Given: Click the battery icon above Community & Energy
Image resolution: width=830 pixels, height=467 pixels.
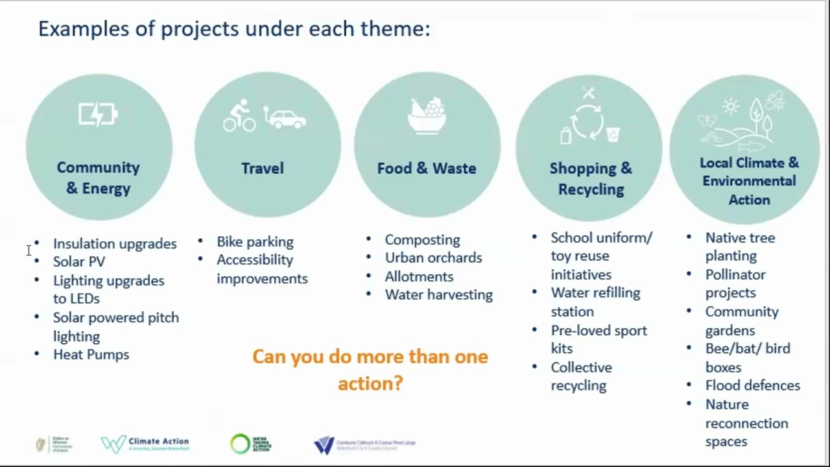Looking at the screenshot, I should [98, 115].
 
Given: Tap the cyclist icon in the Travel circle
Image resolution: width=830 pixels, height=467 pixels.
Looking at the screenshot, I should [239, 115].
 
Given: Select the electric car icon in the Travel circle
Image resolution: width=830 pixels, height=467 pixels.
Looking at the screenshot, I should [285, 118].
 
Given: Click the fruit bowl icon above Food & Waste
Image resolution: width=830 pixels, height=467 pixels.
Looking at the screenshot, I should [427, 115].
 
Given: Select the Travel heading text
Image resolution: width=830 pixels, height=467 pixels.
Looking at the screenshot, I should [263, 169].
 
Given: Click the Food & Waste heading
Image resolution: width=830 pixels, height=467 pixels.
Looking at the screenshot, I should [427, 169].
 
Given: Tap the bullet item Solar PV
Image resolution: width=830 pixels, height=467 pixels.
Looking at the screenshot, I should [79, 261].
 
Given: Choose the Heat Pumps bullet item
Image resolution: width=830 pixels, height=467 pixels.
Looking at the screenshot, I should [91, 355].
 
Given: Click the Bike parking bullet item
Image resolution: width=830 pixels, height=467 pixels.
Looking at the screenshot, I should [255, 242].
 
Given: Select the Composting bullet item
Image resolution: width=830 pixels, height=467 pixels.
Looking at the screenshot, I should [422, 240].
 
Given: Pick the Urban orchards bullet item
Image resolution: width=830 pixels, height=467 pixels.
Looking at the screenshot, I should [433, 258].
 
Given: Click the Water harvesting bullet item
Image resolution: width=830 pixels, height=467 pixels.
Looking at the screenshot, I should [438, 295].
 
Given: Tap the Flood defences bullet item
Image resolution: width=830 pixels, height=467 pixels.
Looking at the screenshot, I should [752, 386].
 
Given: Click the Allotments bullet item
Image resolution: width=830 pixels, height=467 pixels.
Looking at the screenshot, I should [419, 277].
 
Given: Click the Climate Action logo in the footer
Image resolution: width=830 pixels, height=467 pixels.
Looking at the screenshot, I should [145, 444].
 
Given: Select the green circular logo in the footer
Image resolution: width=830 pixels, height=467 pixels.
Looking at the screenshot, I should [241, 444].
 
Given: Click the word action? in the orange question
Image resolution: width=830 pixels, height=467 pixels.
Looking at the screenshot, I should [370, 383].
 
